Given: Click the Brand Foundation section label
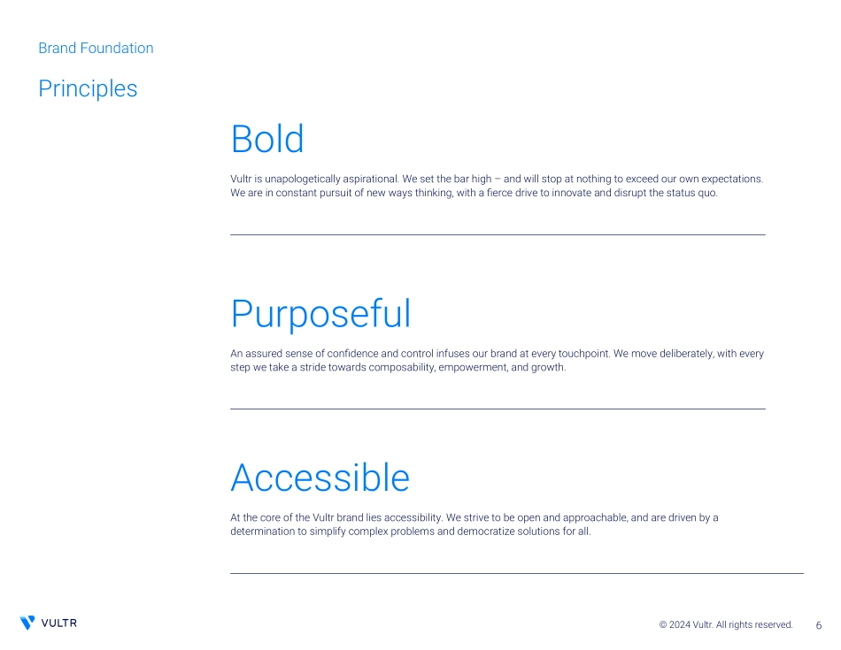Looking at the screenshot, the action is (96, 49).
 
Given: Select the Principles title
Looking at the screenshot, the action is (88, 88).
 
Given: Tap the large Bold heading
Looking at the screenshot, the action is (267, 139).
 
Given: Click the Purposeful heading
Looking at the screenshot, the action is (320, 315).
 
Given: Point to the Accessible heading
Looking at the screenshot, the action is (320, 478).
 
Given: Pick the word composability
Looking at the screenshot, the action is (402, 368).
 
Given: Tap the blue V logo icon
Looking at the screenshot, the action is (27, 623).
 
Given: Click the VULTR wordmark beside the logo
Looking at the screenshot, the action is (59, 623).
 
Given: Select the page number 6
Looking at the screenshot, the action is (819, 625).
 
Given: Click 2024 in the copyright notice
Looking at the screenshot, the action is (680, 625).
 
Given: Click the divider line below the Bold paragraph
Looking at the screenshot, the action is (498, 234).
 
